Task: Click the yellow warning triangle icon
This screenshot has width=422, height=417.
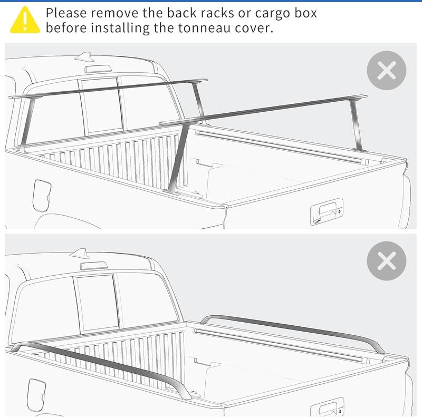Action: coord(25,20)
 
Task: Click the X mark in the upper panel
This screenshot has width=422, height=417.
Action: coord(387,70)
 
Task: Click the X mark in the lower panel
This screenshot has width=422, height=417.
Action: coord(387,260)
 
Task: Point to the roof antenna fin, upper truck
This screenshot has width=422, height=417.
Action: coord(84,57)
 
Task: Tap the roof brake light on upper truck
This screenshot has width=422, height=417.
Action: coord(98,69)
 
